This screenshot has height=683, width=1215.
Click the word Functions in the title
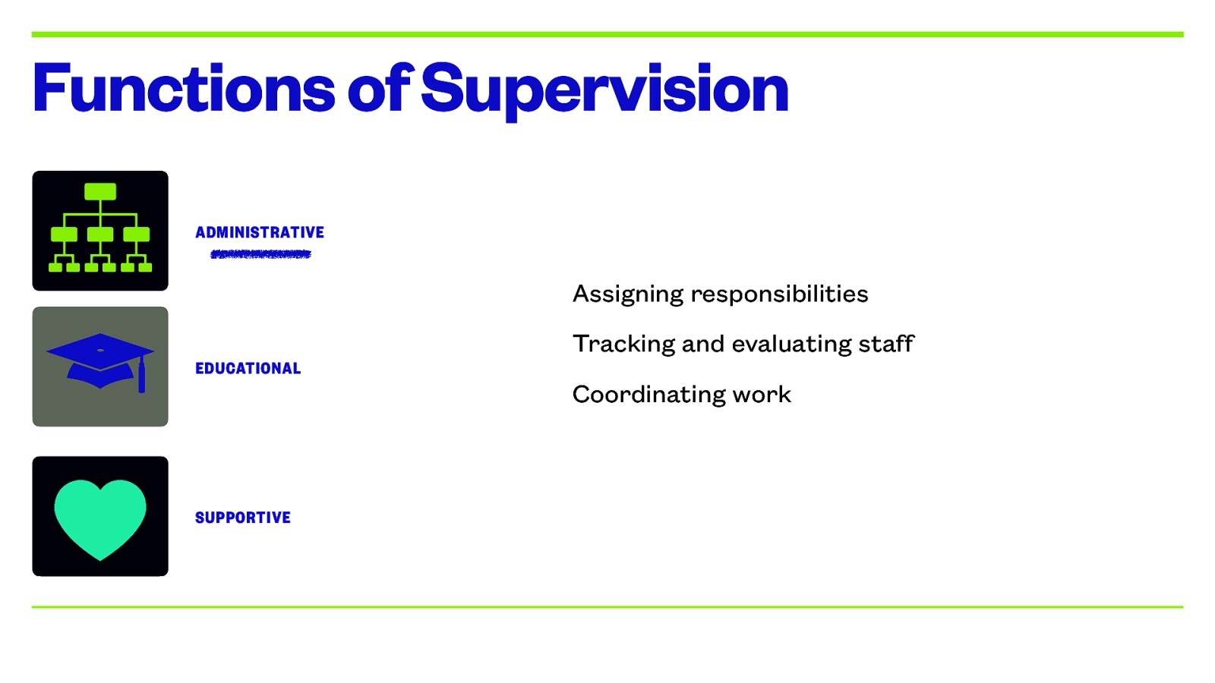tap(183, 89)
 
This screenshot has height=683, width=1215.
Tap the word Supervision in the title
tap(604, 89)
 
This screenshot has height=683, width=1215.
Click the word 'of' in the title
tap(380, 89)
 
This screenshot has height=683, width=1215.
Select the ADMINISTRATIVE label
tap(260, 232)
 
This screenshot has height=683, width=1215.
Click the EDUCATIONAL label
tap(248, 369)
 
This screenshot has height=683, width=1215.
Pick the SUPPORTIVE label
tap(243, 518)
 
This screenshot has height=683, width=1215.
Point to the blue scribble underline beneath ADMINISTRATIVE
tap(261, 254)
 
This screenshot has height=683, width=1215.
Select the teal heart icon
tap(100, 518)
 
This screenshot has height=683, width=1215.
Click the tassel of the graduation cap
tap(141, 376)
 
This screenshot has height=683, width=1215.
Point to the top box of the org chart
tap(100, 191)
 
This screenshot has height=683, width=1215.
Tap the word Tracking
tap(623, 345)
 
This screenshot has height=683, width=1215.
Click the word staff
tap(886, 344)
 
